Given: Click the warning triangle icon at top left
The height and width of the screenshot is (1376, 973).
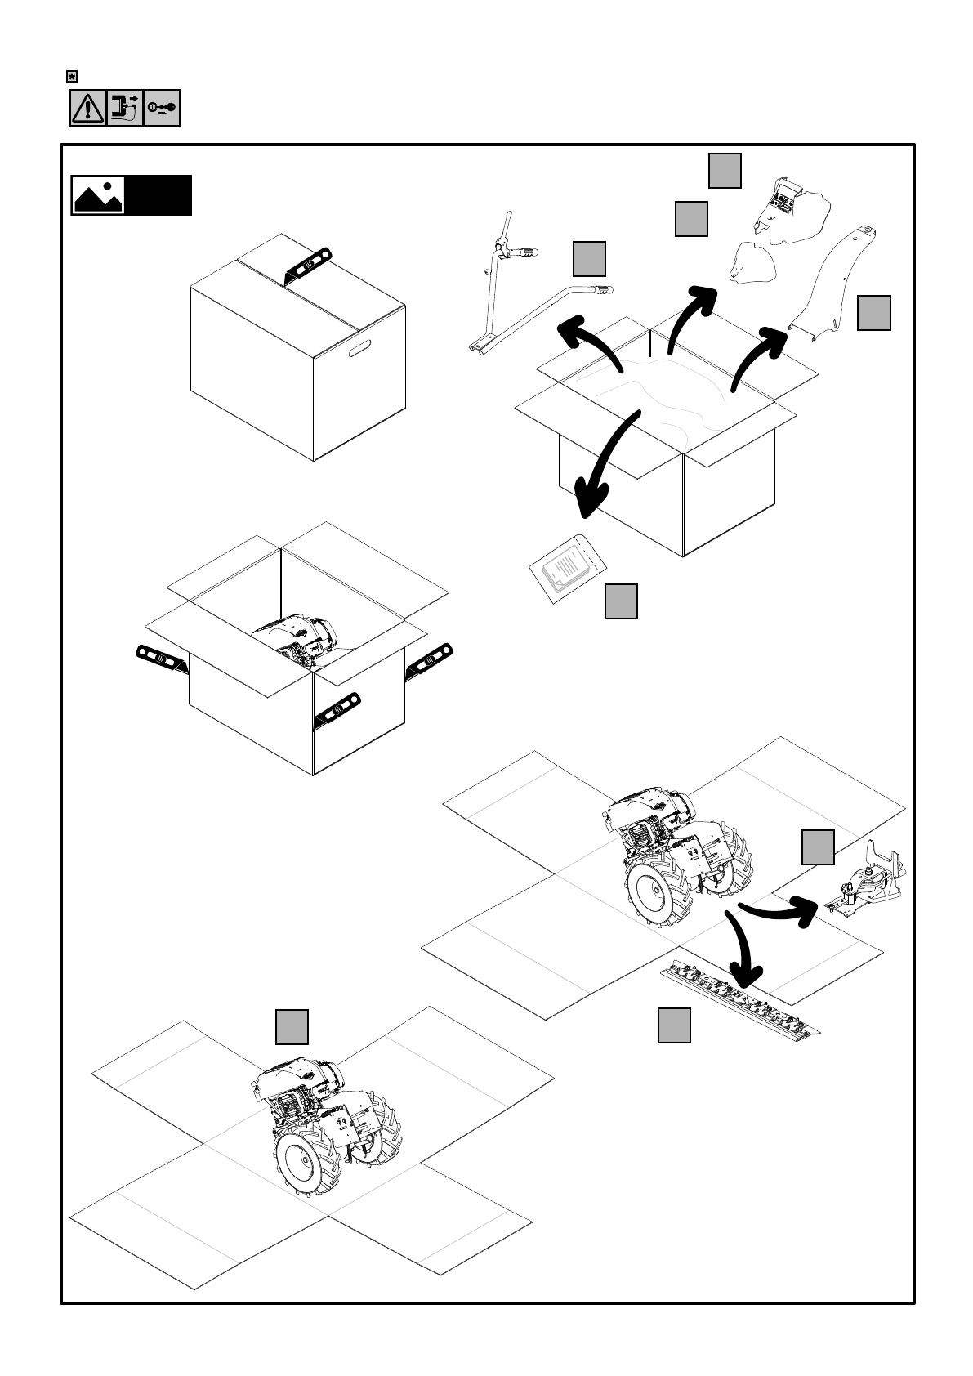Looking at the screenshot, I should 87,109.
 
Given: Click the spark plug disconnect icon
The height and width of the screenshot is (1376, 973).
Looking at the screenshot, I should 124,109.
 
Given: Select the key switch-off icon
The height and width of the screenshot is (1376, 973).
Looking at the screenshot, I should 162,109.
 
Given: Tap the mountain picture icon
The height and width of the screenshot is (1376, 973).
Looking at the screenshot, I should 98,195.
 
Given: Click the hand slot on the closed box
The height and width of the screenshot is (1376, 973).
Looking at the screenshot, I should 360,352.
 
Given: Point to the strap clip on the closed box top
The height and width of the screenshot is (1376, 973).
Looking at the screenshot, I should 308,265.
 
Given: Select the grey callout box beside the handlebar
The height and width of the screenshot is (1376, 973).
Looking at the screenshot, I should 589,258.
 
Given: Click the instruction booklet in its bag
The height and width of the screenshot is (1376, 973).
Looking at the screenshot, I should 565,565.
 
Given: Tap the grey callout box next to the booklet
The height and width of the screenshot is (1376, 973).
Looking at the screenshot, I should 621,601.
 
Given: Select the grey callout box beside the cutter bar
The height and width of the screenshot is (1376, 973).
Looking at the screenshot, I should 674,1025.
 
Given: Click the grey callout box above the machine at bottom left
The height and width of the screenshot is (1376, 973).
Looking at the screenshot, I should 292,1027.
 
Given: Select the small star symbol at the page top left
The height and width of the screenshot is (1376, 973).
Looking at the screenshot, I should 72,76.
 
